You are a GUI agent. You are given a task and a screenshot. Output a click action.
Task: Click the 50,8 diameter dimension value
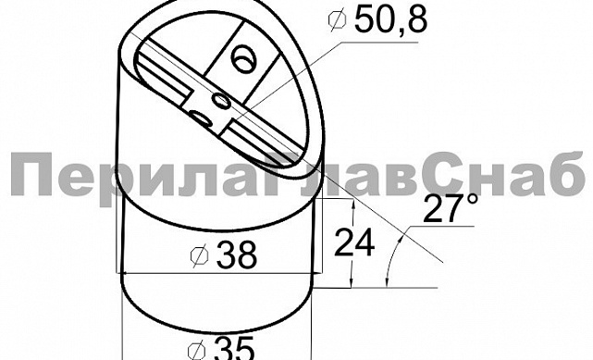click(389, 22)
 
